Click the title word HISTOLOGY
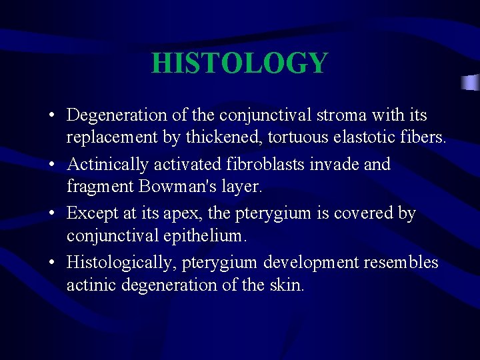click(x=239, y=63)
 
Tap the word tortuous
click(x=294, y=139)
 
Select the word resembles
click(x=401, y=263)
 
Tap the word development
click(x=311, y=263)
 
